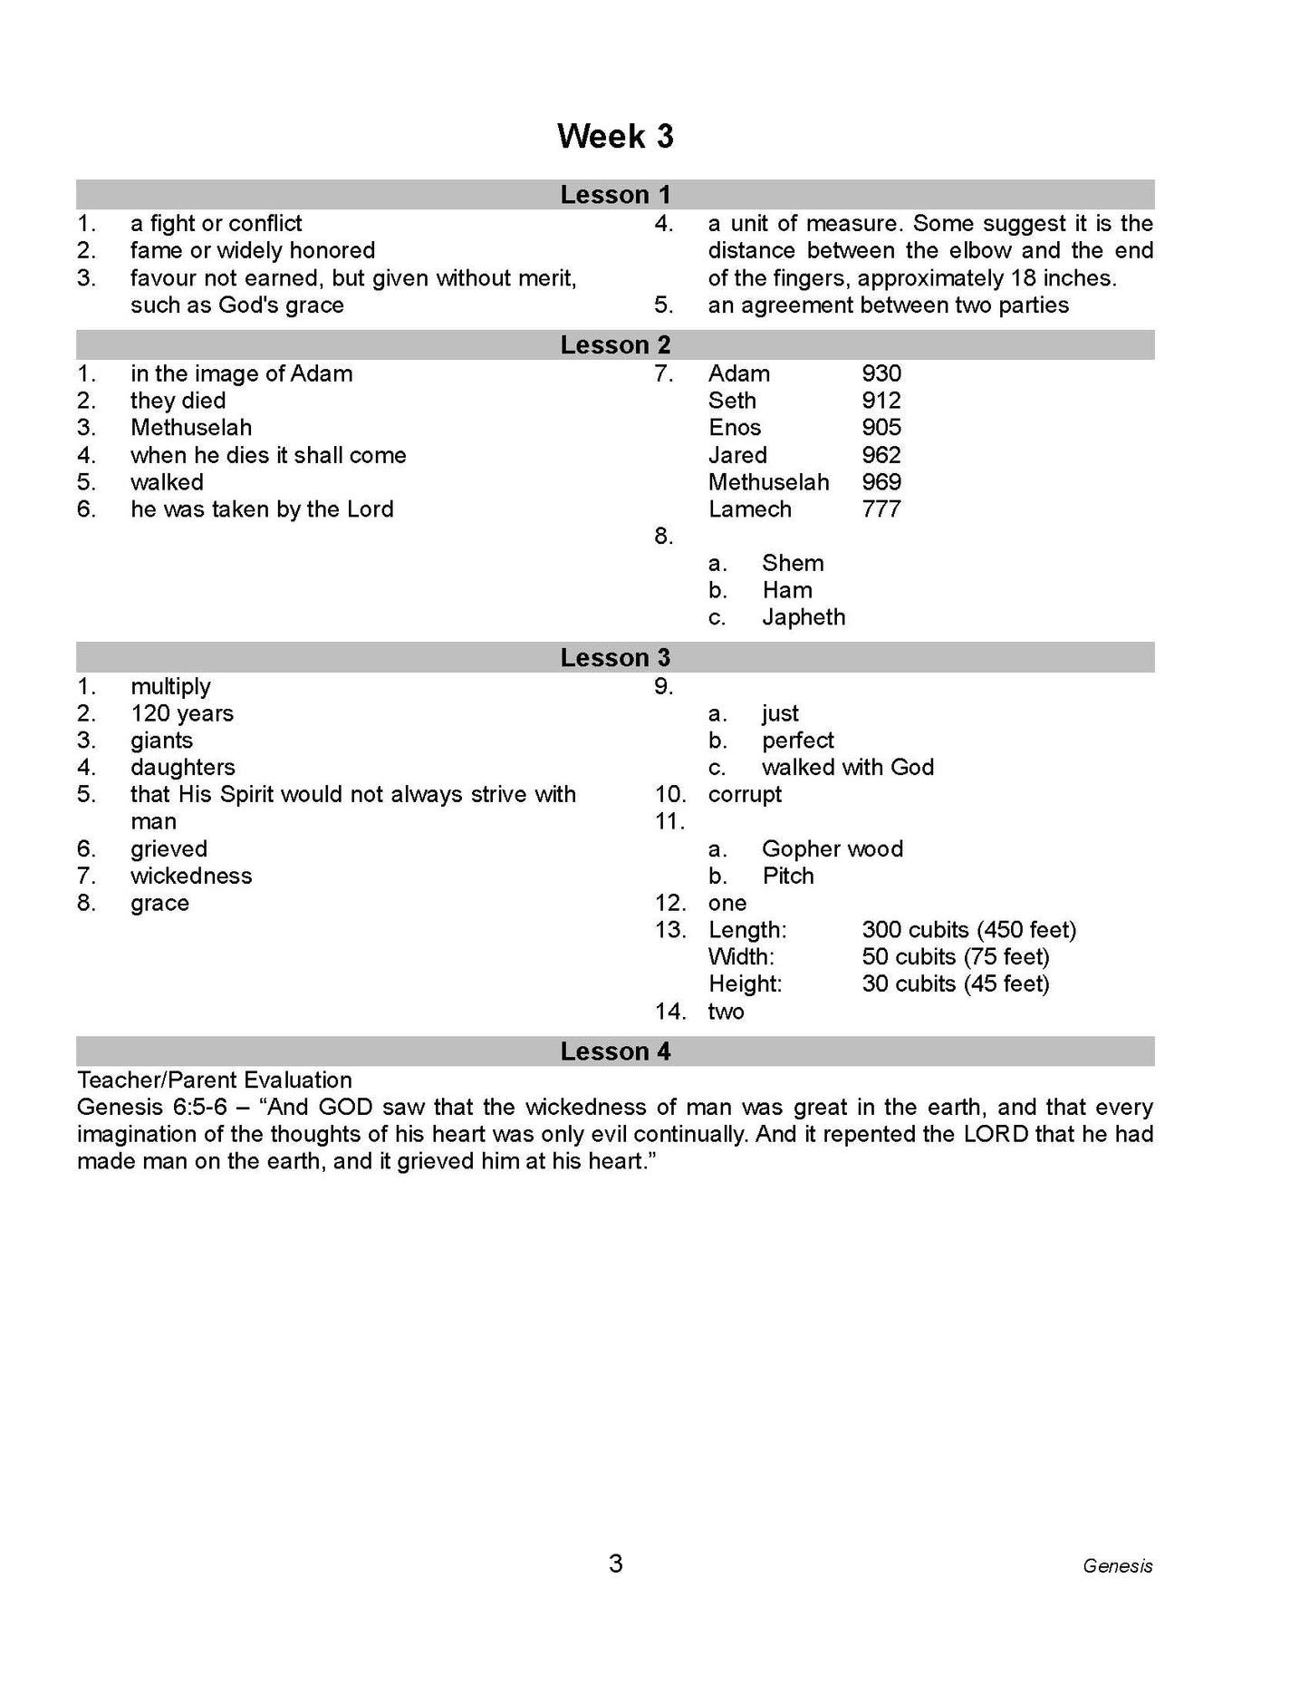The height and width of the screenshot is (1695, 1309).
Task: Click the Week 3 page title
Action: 615,136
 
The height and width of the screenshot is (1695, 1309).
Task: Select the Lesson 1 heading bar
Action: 615,194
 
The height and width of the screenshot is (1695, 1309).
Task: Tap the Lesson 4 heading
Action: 615,1051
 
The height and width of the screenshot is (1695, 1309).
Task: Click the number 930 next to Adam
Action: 881,373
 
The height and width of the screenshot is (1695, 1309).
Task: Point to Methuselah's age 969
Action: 881,482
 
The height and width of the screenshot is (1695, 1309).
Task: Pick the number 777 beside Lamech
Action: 881,509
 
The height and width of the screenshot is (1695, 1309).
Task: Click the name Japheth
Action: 804,617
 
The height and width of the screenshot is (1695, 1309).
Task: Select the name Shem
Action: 793,563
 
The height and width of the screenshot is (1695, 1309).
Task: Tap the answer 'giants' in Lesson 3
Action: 161,741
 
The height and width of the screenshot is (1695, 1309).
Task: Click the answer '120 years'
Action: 182,713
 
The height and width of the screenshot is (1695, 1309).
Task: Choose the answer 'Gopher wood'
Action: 832,849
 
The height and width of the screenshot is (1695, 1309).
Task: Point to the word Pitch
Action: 788,877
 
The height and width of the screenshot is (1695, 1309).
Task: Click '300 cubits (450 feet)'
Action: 968,930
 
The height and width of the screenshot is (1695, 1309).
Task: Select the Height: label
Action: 745,984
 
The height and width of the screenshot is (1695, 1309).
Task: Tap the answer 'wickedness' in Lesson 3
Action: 191,877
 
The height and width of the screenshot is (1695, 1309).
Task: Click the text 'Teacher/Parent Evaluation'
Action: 215,1080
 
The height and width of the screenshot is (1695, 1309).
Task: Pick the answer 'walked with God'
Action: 847,768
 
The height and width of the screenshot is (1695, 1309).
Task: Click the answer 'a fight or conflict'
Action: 216,224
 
